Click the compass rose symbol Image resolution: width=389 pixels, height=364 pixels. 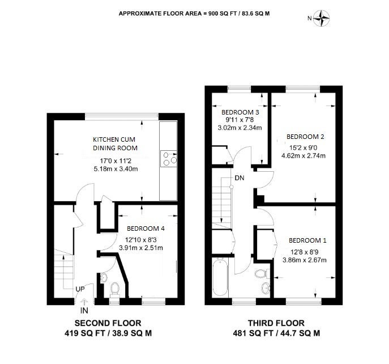321,18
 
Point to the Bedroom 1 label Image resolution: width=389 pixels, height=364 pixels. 307,240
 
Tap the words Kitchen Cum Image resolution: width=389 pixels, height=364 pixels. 114,139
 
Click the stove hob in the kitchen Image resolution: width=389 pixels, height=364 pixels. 169,159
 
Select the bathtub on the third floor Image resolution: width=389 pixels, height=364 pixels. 220,277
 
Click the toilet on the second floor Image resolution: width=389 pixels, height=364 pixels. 114,290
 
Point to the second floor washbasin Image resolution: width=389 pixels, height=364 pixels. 104,277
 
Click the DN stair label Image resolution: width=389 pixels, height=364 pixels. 240,178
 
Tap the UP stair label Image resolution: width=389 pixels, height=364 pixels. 80,289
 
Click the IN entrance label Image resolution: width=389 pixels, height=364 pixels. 84,310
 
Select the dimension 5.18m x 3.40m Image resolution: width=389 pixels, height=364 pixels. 116,169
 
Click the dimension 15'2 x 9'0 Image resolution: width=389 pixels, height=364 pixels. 303,148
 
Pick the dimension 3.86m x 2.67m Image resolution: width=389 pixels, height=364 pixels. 305,260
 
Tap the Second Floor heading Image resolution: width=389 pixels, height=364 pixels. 108,323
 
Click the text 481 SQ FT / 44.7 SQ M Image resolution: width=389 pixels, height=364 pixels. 276,333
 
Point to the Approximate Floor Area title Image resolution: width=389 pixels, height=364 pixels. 194,14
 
